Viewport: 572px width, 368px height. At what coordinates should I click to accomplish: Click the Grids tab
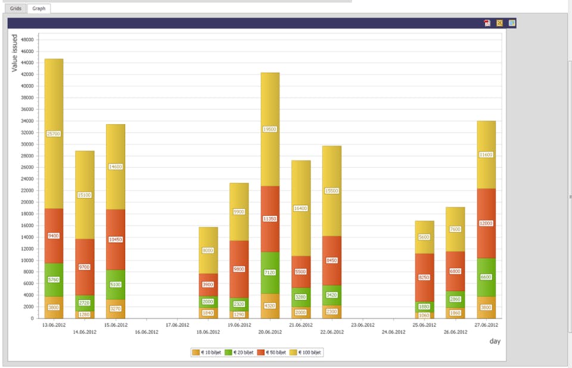point(15,8)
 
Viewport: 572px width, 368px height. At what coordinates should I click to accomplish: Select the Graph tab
point(39,8)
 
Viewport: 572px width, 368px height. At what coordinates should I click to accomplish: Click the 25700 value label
point(54,134)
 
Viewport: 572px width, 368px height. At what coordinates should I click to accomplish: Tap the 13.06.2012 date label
point(54,325)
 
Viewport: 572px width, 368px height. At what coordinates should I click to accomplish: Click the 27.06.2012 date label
point(486,325)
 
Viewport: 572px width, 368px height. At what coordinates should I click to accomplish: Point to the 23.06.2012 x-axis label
point(363,325)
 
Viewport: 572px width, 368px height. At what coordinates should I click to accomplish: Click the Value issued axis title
point(15,54)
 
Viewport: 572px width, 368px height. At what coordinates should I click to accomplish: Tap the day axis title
point(495,341)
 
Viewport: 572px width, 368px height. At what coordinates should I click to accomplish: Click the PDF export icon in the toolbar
point(487,23)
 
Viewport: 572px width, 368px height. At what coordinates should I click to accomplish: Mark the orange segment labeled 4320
point(270,305)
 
